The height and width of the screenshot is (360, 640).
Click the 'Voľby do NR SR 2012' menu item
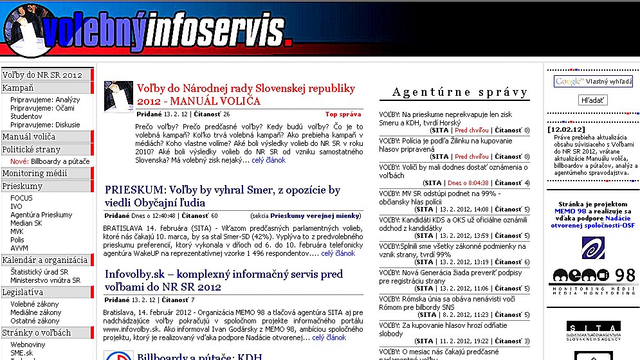coord(42,75)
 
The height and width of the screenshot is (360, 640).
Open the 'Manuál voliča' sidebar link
coord(29,136)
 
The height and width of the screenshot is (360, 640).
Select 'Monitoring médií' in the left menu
coord(35,174)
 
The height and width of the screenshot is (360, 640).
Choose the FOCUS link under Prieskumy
coord(21,198)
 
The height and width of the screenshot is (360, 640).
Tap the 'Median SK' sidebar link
coord(26,223)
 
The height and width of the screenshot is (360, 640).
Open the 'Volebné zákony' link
coord(35,304)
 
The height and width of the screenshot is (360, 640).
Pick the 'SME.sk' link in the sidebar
coord(22,353)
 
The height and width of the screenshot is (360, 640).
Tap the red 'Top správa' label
coord(343,114)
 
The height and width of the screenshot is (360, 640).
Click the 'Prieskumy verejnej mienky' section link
coord(316,216)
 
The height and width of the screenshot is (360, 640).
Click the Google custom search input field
coord(592,82)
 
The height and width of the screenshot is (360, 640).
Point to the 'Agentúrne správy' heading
coord(460,93)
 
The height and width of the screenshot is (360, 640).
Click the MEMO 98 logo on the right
coord(593,277)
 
